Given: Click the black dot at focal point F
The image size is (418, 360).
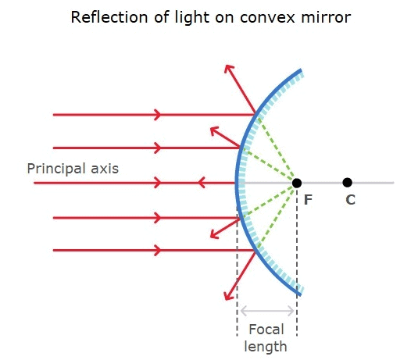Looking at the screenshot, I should point(297,183).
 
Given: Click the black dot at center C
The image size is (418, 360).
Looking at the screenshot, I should point(347,183).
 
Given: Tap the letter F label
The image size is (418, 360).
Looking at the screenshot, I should point(308,200).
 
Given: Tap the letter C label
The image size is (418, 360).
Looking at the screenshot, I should point(350,200).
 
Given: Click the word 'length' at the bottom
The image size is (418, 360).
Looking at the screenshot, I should point(266,346).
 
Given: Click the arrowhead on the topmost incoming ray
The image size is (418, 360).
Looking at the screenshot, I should point(159,115).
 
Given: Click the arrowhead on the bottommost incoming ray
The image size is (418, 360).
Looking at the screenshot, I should point(159,251).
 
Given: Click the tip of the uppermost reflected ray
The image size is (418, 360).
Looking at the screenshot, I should point(227,66).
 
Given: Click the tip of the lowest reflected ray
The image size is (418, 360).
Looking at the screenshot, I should point(227,298).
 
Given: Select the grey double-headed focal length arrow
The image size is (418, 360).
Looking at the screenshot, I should point(266,311).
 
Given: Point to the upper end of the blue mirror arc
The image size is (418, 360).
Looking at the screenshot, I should point(299,72).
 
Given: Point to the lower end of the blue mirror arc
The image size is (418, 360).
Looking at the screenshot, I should point(299,293).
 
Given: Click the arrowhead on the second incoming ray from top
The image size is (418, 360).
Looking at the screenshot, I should point(159,148).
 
